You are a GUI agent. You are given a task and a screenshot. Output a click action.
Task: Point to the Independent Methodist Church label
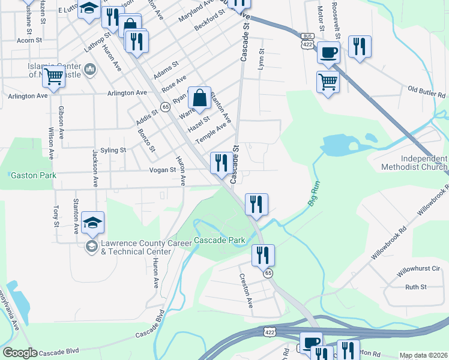[414, 163]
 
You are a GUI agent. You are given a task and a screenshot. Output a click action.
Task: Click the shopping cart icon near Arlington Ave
[54, 77]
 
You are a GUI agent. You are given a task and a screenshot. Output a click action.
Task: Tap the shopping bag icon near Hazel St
[199, 97]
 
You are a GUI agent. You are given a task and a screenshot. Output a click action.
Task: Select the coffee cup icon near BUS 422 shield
[328, 52]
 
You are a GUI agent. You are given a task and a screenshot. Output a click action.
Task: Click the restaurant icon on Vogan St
[220, 162]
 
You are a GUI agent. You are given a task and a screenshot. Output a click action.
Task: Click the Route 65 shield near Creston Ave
[268, 273]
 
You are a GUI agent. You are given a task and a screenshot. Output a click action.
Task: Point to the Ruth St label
[415, 287]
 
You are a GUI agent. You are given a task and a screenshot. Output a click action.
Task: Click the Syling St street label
[113, 149]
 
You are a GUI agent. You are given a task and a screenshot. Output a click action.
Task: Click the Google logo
[20, 353]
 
